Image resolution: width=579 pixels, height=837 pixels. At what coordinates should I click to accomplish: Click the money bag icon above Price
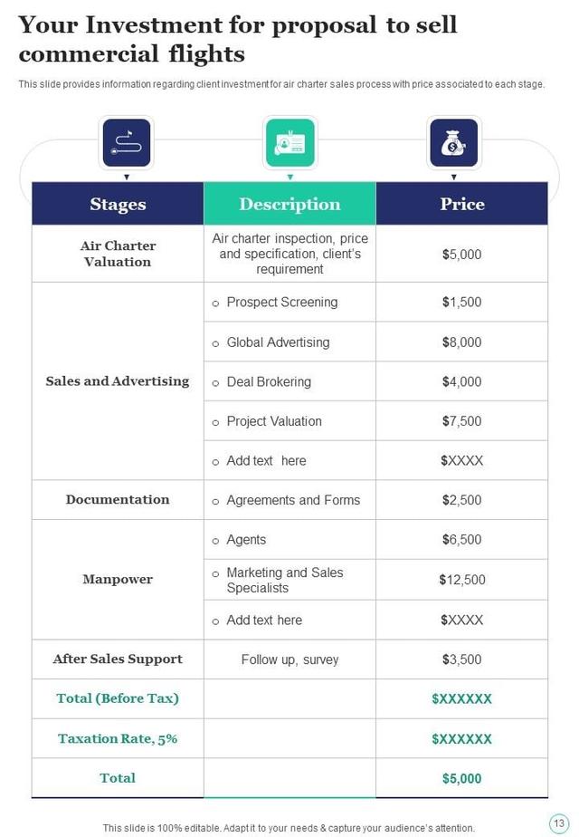pos(453,143)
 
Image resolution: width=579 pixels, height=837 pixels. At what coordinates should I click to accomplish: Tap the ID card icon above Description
pos(289,143)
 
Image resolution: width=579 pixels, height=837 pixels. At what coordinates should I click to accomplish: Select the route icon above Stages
pos(127,143)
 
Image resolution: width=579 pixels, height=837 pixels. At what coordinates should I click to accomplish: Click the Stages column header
pos(118,204)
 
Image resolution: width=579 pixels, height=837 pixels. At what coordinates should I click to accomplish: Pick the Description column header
pos(289,204)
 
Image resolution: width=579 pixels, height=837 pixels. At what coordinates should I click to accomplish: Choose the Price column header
pos(461,204)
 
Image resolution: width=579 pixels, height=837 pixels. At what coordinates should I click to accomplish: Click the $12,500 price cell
pos(461,580)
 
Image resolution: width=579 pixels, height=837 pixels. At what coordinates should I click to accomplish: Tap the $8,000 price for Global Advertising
pos(461,342)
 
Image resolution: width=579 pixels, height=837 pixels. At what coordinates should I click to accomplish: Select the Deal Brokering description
pos(269,382)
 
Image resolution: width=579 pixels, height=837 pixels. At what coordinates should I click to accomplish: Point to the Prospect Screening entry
pos(281,303)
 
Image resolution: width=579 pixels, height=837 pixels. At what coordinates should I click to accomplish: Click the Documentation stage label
pos(118,499)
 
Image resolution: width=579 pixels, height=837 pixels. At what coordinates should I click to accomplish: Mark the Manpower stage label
pos(118,579)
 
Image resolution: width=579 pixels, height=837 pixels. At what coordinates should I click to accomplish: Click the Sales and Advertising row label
pos(118,381)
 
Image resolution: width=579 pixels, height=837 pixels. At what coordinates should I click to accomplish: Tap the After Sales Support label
pos(118,659)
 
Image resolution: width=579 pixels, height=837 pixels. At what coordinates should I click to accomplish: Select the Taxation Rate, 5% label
pos(118,738)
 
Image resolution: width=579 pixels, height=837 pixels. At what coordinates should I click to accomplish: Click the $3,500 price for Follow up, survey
pos(461,659)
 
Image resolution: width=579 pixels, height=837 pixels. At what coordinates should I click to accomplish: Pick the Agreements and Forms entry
pos(293,500)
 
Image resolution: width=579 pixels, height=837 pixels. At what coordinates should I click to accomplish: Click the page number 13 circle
pos(558,822)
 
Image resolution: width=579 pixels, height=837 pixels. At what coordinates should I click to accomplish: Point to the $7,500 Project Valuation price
pos(461,421)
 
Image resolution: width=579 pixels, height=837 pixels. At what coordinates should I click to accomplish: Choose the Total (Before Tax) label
pos(118,698)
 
